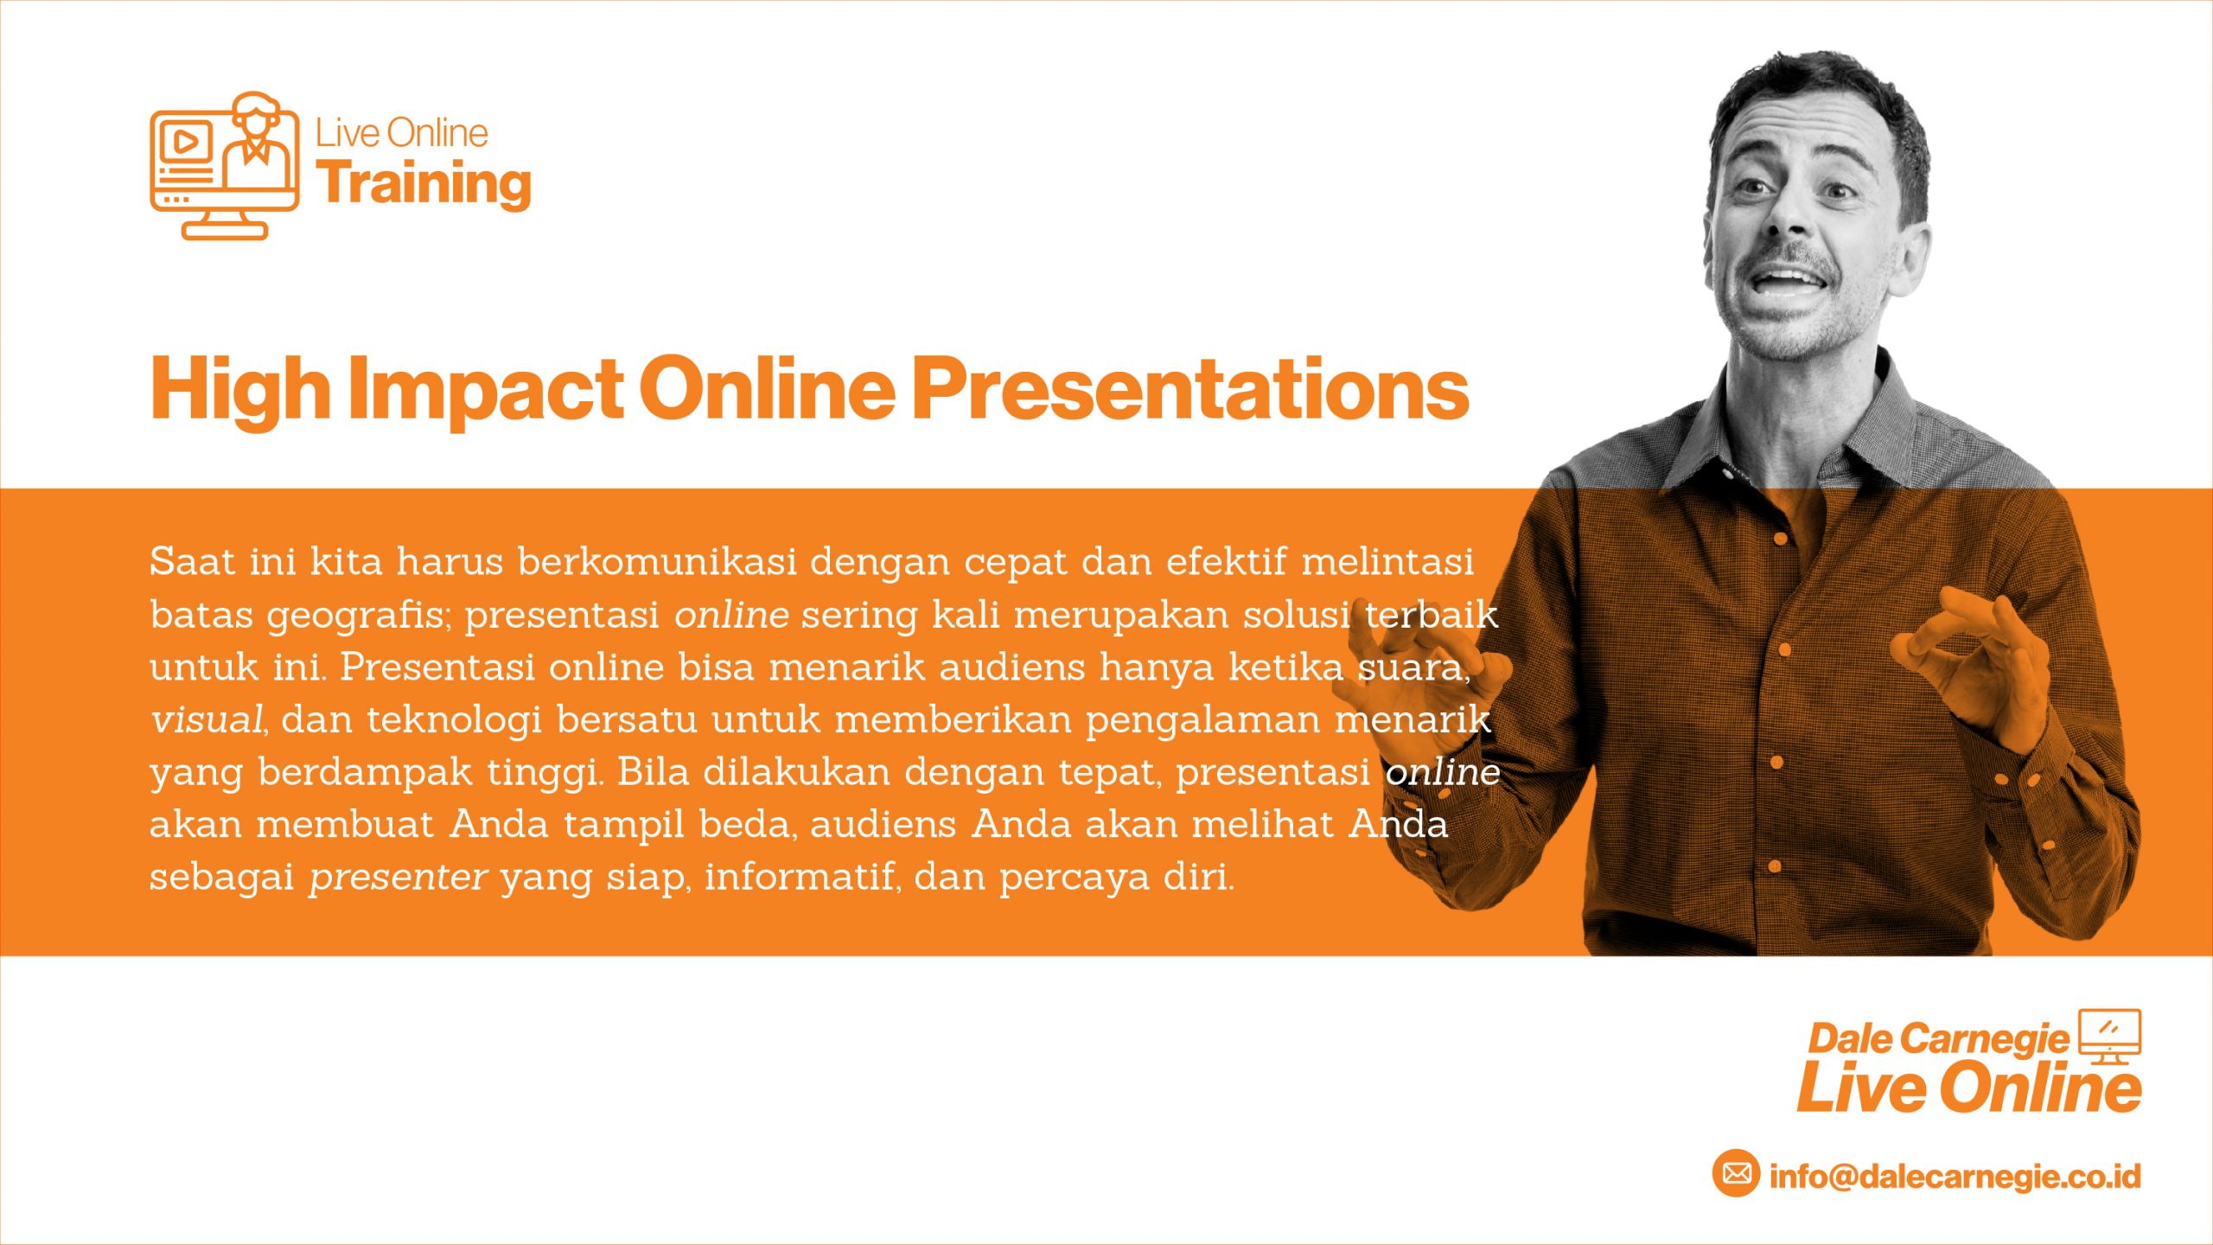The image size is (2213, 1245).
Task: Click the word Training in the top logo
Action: coord(424,184)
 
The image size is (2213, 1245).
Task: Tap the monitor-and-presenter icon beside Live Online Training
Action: coord(225,165)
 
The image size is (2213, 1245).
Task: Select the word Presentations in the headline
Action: coord(1191,389)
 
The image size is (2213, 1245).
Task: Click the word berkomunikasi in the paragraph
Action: coord(657,562)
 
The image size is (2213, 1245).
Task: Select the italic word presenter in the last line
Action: coord(399,878)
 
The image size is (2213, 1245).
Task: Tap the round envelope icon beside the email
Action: coord(1736,1173)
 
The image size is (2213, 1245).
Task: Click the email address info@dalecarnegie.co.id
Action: coord(1955,1176)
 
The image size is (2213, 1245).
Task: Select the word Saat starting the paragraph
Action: coord(193,562)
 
